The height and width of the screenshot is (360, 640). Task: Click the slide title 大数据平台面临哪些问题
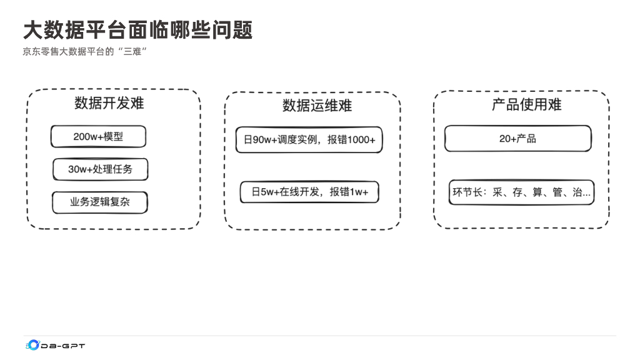point(137,29)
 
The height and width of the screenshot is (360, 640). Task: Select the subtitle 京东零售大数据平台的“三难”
point(84,52)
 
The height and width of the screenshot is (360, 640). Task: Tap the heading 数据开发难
point(109,103)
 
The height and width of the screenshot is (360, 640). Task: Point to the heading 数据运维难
point(317,106)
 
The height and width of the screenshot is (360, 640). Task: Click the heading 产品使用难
point(526,104)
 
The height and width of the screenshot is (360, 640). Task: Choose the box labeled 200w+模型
point(98,137)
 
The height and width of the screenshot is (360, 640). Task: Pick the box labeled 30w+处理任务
point(100,169)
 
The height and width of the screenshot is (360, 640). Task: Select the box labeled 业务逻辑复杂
point(100,202)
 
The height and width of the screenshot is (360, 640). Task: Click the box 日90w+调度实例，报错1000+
point(309,140)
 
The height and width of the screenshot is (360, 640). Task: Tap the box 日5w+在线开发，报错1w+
point(309,192)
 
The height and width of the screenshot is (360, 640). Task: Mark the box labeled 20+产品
point(517,139)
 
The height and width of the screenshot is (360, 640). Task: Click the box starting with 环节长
point(521,192)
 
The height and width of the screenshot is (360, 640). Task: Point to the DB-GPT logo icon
point(32,345)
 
